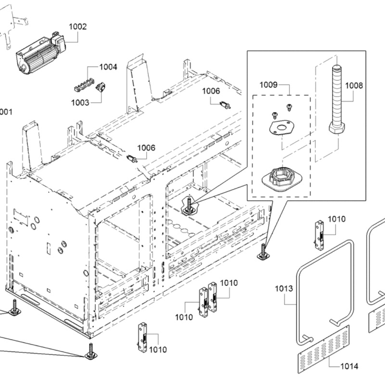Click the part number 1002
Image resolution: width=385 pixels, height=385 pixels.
(x=77, y=26)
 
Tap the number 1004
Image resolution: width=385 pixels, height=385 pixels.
(x=108, y=67)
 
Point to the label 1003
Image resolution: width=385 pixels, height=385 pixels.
(x=80, y=102)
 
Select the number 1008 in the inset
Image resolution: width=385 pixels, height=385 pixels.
(x=354, y=86)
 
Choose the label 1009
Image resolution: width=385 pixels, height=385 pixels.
(x=269, y=85)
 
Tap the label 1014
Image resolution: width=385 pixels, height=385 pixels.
(x=349, y=366)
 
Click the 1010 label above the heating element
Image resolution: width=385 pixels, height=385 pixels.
(x=337, y=219)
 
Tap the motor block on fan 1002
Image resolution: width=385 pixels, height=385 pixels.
(x=59, y=43)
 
